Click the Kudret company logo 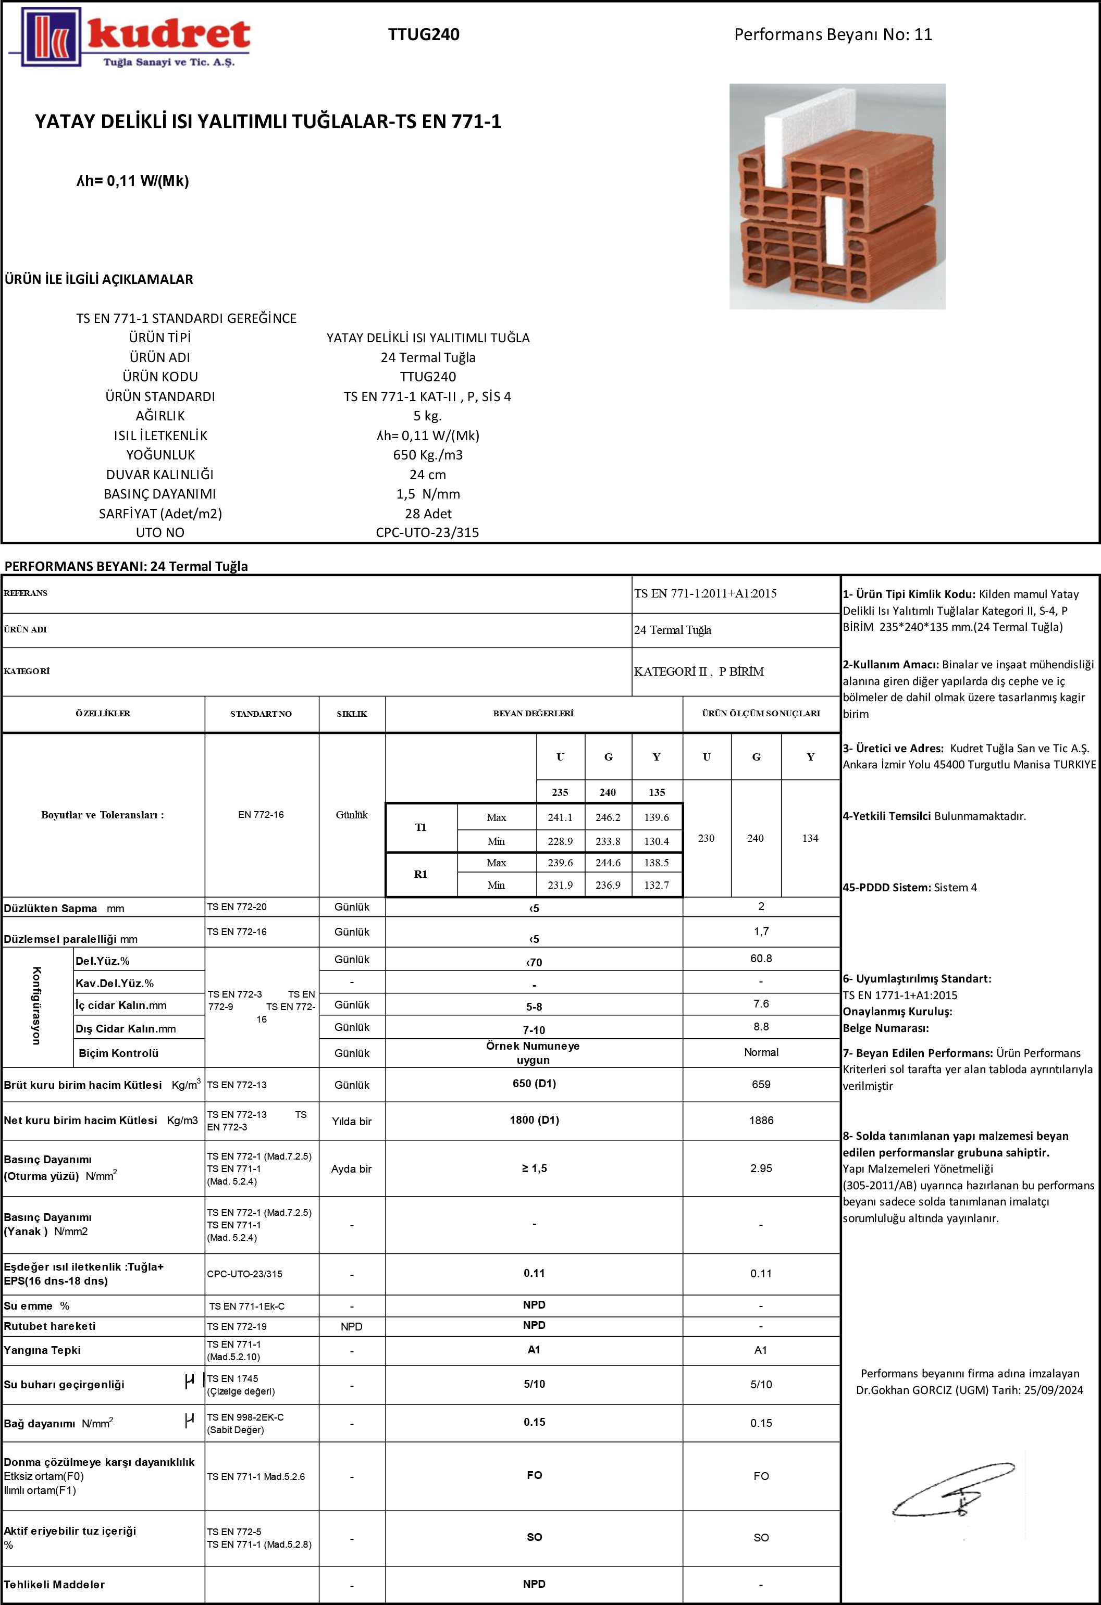[x=130, y=38]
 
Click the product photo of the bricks [x=837, y=197]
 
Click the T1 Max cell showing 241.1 [x=560, y=817]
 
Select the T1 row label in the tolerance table [x=420, y=827]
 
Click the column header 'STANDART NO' [x=261, y=713]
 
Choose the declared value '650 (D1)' [x=534, y=1084]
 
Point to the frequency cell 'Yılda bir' [x=352, y=1122]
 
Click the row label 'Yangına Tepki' [x=42, y=1350]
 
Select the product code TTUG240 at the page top [x=424, y=34]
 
